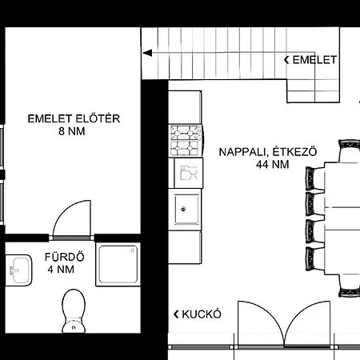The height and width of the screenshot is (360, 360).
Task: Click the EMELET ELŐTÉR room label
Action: pyautogui.click(x=74, y=118)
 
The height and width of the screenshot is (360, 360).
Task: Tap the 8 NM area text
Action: pyautogui.click(x=72, y=131)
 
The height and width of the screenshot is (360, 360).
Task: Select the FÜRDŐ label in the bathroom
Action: pyautogui.click(x=65, y=257)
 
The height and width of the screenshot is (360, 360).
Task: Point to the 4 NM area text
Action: pyautogui.click(x=61, y=270)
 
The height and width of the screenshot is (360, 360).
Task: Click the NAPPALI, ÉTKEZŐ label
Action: pyautogui.click(x=268, y=152)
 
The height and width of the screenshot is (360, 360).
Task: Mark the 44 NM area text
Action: pyautogui.click(x=272, y=164)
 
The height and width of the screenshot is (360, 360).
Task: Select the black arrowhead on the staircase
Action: pyautogui.click(x=147, y=53)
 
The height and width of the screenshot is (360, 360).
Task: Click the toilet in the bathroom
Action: pyautogui.click(x=74, y=311)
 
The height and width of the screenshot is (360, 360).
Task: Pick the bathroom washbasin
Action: pyautogui.click(x=19, y=270)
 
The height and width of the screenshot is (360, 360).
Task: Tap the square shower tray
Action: pyautogui.click(x=118, y=264)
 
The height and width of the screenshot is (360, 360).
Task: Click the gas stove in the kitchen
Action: pyautogui.click(x=186, y=140)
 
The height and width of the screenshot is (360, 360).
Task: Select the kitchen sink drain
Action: pyautogui.click(x=183, y=210)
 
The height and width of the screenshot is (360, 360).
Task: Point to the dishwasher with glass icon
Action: pyautogui.click(x=189, y=173)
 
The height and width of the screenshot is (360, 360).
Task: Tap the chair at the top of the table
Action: pyautogui.click(x=349, y=151)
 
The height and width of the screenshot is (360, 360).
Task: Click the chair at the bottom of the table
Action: pyautogui.click(x=349, y=286)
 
